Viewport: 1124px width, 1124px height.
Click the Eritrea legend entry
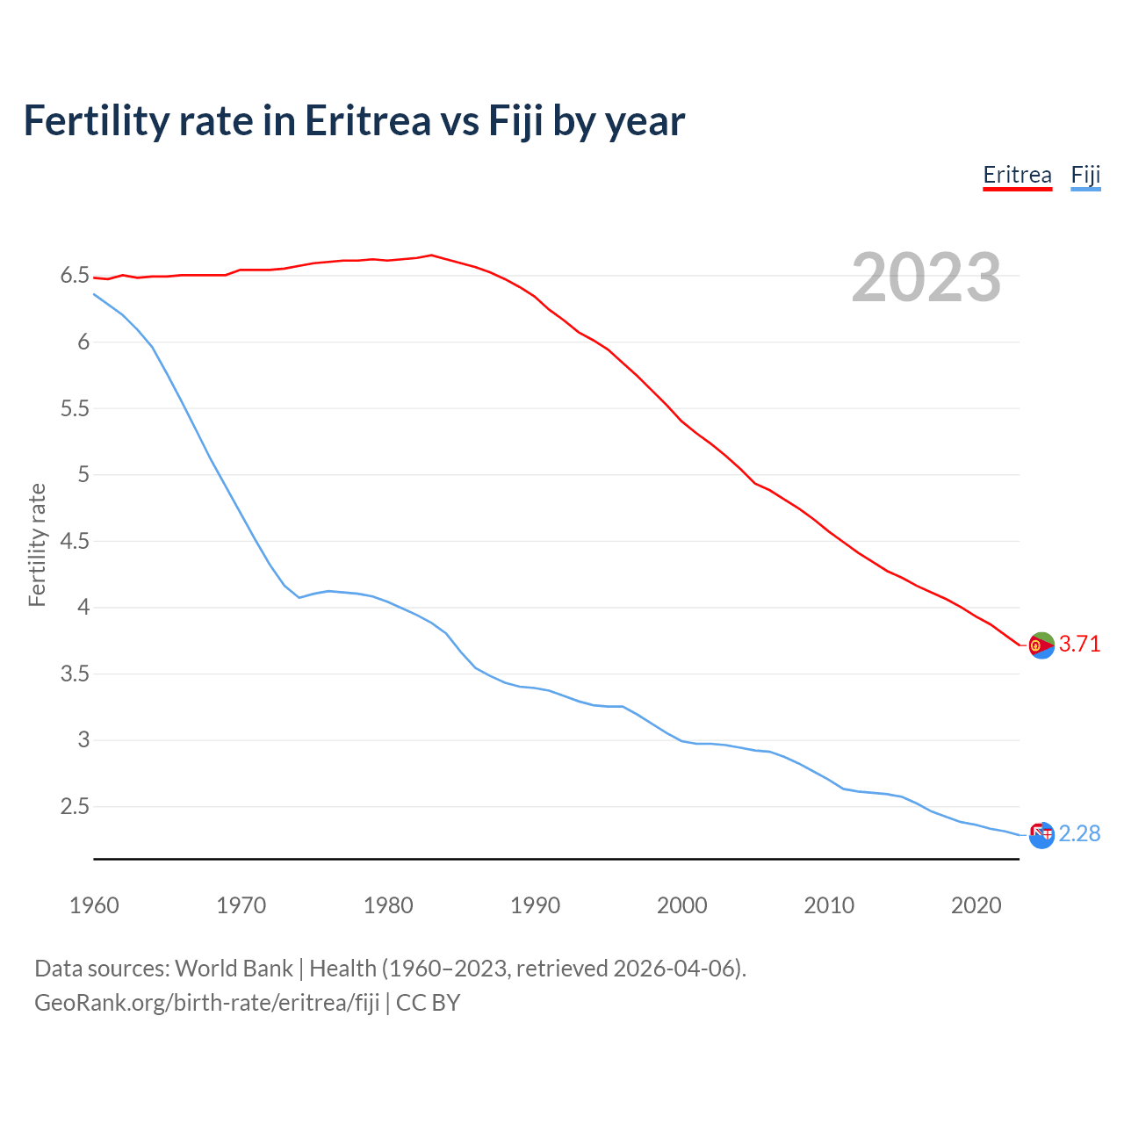pyautogui.click(x=1017, y=175)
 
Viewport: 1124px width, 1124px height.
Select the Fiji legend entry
pyautogui.click(x=1085, y=175)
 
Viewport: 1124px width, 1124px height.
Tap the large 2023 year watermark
pyautogui.click(x=926, y=277)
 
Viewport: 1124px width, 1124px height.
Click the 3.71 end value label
pyautogui.click(x=1079, y=644)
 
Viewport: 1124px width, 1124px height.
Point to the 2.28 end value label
pyautogui.click(x=1079, y=833)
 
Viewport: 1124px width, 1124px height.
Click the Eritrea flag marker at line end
pyautogui.click(x=1041, y=645)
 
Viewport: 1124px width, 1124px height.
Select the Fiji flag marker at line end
pyautogui.click(x=1041, y=835)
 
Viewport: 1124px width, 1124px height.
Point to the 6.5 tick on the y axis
pyautogui.click(x=75, y=276)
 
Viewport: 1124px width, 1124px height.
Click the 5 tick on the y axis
pyautogui.click(x=83, y=475)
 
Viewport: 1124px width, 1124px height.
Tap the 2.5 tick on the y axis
pyautogui.click(x=75, y=806)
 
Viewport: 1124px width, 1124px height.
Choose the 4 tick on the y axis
pyautogui.click(x=83, y=608)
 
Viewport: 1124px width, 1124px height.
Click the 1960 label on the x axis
pyautogui.click(x=94, y=905)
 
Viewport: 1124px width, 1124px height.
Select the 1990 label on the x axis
pyautogui.click(x=535, y=905)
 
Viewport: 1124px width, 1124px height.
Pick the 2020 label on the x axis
pyautogui.click(x=976, y=905)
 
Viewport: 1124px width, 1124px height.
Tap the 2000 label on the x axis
pyautogui.click(x=681, y=905)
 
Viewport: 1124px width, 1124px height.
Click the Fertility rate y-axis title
pyautogui.click(x=37, y=544)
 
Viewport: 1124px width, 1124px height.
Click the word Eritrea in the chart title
pyautogui.click(x=367, y=121)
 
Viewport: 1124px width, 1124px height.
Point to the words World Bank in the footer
pyautogui.click(x=234, y=969)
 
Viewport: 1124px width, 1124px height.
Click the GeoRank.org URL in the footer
pyautogui.click(x=206, y=1003)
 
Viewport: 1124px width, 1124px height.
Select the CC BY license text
pyautogui.click(x=428, y=1003)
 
